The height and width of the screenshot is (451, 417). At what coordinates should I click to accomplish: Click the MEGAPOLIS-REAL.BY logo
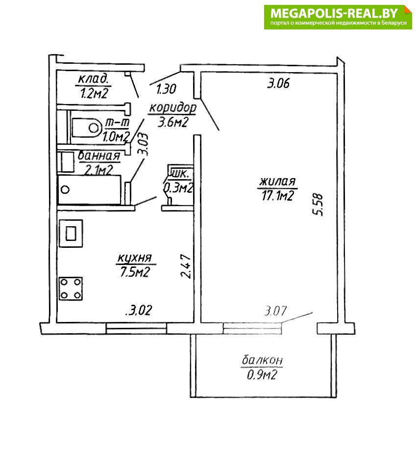pos(338,17)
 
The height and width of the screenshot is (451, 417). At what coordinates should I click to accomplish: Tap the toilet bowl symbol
pos(87,127)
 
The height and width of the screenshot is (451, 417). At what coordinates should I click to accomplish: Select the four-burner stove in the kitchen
pos(71,289)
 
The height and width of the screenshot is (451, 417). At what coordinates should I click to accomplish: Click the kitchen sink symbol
pos(71,233)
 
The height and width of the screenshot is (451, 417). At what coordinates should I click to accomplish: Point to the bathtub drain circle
pos(66,189)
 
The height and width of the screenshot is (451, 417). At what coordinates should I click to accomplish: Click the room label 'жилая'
pos(277,182)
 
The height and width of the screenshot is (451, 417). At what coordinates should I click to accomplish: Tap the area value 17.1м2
pos(277,196)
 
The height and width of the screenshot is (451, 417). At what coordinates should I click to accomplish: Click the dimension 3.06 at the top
pos(278,83)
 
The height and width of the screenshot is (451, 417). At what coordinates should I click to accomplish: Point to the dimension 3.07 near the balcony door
pos(275,311)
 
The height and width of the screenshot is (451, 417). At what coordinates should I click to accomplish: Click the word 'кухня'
pos(134,258)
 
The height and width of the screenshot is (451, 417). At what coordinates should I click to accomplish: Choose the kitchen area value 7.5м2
pos(135,272)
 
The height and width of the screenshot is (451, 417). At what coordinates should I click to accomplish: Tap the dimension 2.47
pos(186,265)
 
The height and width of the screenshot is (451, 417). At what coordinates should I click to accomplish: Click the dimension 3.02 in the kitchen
pos(139,311)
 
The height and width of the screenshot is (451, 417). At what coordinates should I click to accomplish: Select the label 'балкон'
pos(262,360)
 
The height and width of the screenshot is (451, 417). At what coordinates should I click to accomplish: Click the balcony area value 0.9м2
pos(262,375)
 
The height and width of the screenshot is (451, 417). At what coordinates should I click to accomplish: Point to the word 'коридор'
pos(172,108)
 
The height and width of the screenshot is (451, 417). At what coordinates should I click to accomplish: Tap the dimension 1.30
pos(166,89)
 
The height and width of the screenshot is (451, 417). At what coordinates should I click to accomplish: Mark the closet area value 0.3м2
pos(178,188)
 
